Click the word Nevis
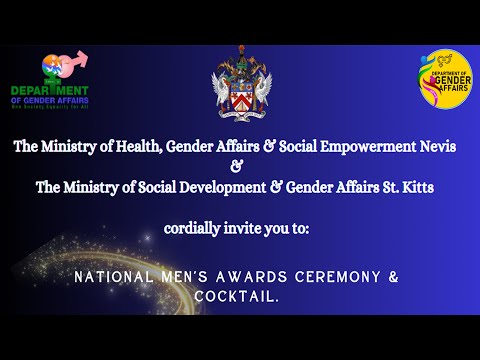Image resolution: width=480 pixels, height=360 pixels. [x=435, y=147]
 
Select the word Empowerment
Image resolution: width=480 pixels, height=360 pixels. [x=360, y=147]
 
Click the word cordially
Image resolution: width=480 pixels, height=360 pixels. [x=194, y=229]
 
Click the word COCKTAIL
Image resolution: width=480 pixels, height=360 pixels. [x=239, y=297]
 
